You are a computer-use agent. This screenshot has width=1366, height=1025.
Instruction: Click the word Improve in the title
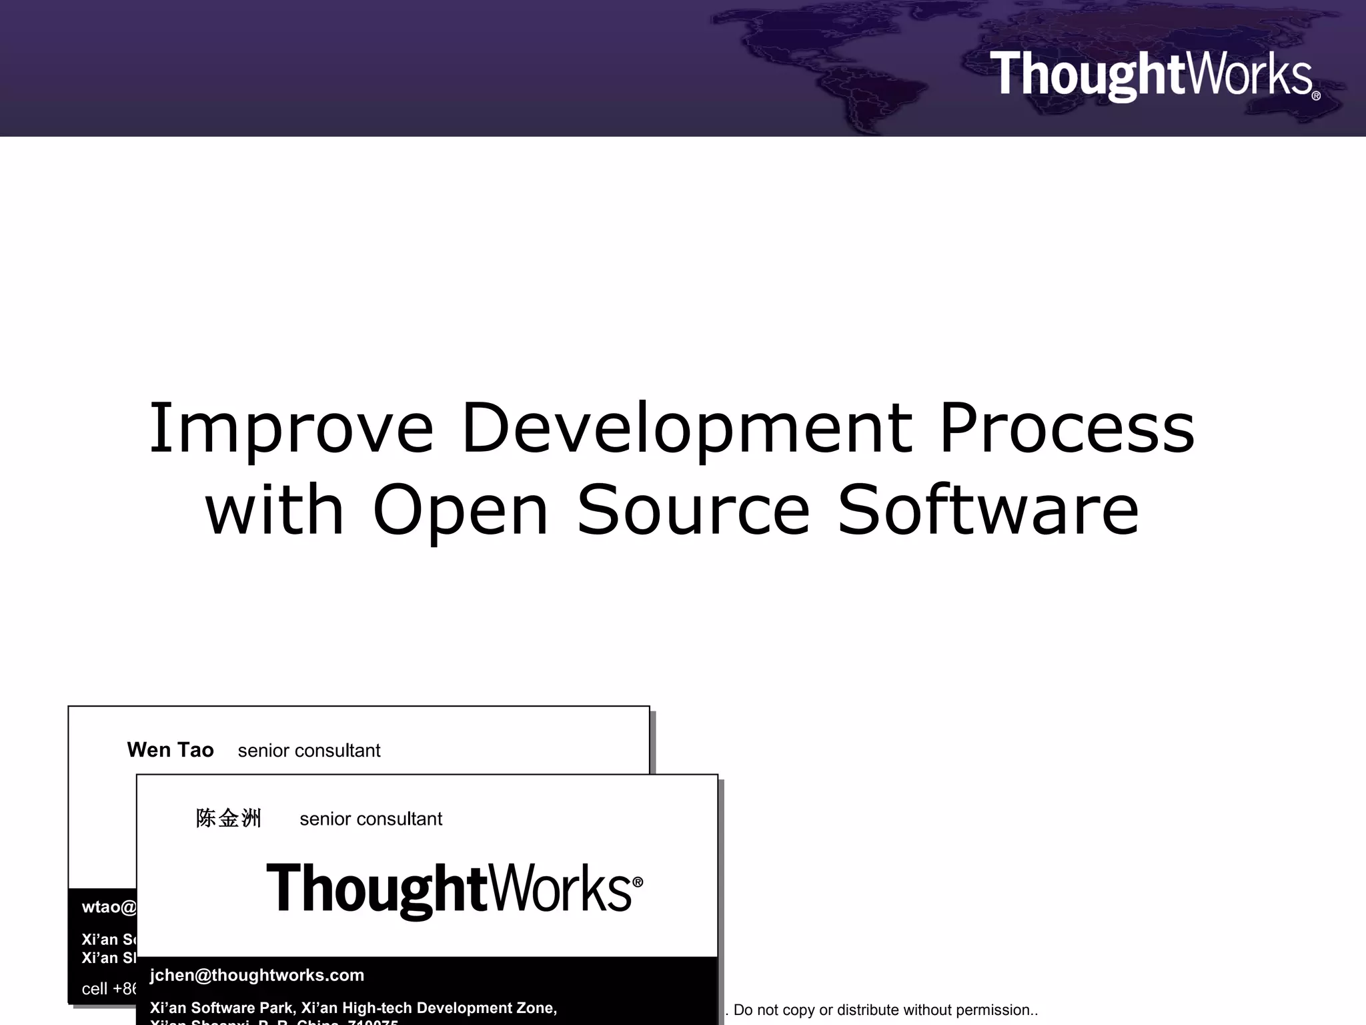[x=291, y=428]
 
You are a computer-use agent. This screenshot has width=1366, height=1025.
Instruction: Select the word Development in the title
[x=687, y=428]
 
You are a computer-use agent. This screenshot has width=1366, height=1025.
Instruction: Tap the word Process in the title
[x=1067, y=428]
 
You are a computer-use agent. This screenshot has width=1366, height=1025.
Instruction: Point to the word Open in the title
[x=460, y=510]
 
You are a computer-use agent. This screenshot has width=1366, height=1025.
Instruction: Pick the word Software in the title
[x=988, y=510]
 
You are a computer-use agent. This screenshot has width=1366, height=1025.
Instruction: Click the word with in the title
[x=274, y=510]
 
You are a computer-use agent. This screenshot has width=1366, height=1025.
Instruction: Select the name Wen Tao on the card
[x=170, y=750]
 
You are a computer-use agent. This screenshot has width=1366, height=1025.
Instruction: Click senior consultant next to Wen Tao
[x=309, y=751]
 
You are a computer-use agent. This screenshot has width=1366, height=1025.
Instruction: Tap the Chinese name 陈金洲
[x=228, y=818]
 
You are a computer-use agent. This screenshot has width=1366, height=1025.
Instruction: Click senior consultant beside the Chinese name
[x=371, y=819]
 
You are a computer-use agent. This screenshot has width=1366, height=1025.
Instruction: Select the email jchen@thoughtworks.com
[x=257, y=975]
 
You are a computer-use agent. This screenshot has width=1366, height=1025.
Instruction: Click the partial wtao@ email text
[x=109, y=907]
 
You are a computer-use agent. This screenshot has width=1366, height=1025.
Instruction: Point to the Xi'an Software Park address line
[x=353, y=1008]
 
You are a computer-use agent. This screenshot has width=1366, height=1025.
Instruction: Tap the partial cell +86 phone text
[x=109, y=988]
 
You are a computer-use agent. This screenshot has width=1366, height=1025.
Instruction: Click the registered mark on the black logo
[x=638, y=882]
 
